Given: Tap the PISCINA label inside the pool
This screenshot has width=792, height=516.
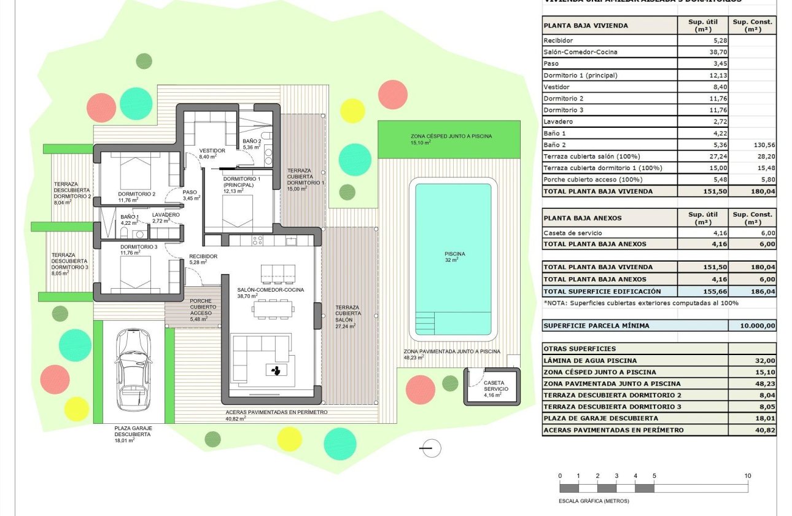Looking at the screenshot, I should [x=454, y=254].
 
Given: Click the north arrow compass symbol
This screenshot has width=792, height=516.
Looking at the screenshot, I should [x=432, y=448].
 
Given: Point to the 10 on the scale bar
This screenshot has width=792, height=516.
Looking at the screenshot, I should [x=747, y=476].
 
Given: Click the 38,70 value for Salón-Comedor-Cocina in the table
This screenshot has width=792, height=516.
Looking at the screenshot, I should [x=703, y=52].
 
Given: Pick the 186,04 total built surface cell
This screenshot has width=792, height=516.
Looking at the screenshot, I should [x=753, y=291].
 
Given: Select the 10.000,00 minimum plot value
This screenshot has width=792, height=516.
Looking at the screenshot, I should [x=753, y=326].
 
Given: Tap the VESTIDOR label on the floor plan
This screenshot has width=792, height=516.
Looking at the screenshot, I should [x=212, y=150].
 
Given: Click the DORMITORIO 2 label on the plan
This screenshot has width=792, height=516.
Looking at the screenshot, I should [x=136, y=194].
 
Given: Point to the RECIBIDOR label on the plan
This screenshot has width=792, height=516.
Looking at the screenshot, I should [x=203, y=256].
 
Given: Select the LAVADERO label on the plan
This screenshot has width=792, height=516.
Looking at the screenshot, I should [x=166, y=215].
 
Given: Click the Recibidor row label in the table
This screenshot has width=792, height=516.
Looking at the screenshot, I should [x=558, y=41].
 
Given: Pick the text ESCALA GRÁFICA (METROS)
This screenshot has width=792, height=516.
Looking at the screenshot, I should [x=594, y=501].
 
